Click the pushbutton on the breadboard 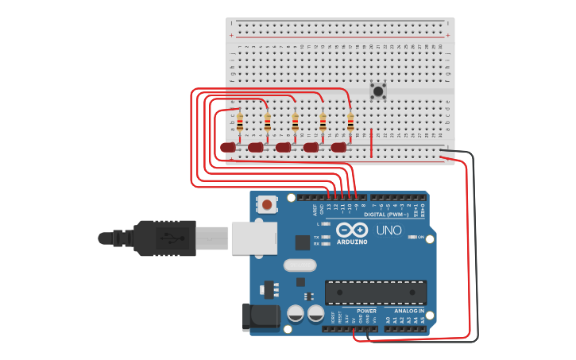(378, 91)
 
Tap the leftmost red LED (229, 147)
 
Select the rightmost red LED (338, 147)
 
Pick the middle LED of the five (284, 147)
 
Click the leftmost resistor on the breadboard (240, 122)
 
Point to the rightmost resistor (350, 122)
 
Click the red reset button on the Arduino (267, 205)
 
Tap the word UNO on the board (389, 230)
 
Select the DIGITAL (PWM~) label (386, 215)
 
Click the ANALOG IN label (409, 311)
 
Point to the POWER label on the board (366, 311)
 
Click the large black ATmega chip (375, 292)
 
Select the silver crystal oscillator (299, 265)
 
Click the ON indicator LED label (420, 237)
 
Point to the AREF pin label (315, 210)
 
